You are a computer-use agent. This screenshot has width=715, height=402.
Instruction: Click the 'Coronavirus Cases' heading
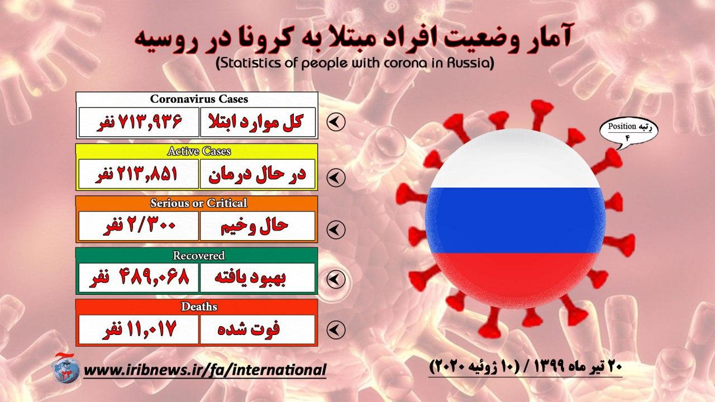199,99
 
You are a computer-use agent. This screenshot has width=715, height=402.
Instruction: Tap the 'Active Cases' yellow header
199,151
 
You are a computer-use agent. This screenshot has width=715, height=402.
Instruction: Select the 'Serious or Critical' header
198,203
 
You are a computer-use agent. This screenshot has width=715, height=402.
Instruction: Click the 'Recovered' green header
198,255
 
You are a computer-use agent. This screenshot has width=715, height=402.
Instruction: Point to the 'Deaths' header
199,307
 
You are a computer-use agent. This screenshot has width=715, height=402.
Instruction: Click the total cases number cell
139,122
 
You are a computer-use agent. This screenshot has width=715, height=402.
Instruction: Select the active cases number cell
139,174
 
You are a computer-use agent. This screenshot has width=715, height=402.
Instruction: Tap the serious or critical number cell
139,226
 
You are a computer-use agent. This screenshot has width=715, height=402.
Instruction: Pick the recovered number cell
139,277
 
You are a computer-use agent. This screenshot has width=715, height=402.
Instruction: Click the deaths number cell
139,329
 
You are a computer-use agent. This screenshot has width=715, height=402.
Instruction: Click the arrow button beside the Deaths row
336,329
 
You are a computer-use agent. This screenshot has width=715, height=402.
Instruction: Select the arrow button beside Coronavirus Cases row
336,122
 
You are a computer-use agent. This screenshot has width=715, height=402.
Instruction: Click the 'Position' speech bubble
628,131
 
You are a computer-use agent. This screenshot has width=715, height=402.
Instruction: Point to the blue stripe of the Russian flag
515,220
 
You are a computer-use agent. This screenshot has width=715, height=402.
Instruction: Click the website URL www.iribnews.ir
205,370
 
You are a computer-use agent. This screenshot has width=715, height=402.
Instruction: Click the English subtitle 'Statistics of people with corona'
355,63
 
